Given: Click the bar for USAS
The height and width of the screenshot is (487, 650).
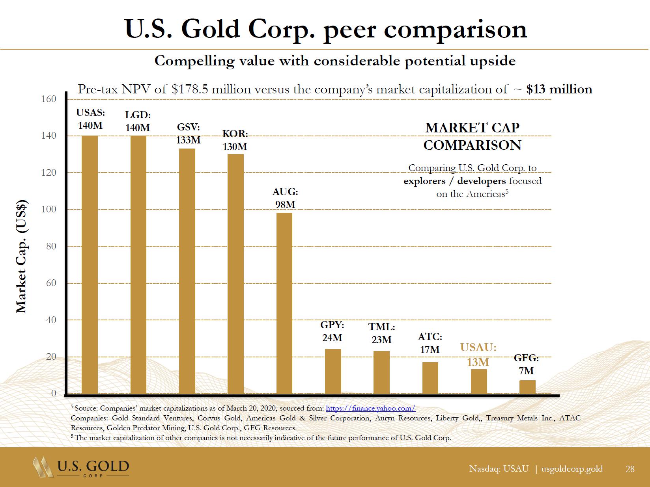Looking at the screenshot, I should point(90,264).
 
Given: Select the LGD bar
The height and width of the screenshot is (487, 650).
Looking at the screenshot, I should point(138,264).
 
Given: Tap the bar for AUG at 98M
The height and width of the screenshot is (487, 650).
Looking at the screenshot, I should point(284,303).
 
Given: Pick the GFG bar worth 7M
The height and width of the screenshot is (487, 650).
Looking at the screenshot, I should point(527,387).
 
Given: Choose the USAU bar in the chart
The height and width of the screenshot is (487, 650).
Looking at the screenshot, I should point(479,381).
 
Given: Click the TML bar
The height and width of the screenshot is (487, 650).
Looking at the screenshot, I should point(381,372).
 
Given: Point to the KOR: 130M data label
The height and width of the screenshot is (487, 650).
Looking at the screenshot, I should point(235,140).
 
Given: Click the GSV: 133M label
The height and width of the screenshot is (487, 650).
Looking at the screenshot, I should point(189,134).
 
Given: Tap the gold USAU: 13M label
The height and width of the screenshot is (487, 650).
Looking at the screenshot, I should point(478,355).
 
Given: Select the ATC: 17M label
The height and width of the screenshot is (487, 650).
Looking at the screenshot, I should point(430,343).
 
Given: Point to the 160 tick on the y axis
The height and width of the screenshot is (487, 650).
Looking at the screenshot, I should point(49,99).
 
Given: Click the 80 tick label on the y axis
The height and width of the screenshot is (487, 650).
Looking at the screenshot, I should point(49,246).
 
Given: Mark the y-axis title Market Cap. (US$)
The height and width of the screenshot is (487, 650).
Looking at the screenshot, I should point(22,257).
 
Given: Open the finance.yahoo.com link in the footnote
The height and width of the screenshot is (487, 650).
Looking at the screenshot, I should point(370,409).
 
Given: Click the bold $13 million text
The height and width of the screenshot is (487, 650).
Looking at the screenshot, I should point(559,89).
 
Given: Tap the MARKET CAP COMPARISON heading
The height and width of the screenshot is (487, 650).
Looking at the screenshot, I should point(472,136).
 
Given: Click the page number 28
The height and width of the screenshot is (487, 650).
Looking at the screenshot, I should point(630,469).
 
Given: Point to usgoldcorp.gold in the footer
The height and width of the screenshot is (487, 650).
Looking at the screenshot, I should point(572,469).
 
